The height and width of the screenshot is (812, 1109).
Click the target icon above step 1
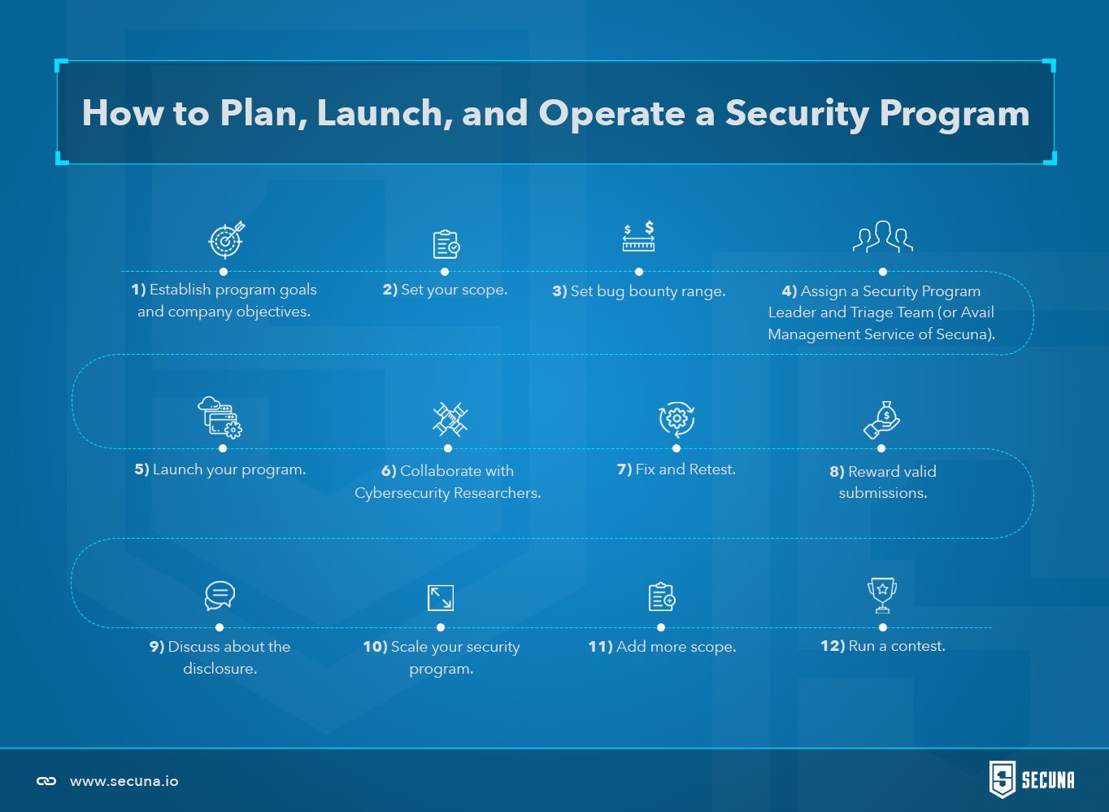pos(226,240)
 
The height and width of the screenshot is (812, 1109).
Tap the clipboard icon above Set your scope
pos(446,244)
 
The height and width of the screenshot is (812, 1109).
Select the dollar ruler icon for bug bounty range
pos(639,236)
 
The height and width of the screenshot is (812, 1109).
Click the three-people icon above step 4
pos(883,237)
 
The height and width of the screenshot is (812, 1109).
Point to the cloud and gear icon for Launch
pos(220,417)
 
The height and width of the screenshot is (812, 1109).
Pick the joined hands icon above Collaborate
pos(450,419)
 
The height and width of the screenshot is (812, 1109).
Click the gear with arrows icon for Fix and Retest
pos(676,420)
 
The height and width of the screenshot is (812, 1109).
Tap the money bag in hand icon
pos(882,420)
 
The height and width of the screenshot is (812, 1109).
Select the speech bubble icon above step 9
pos(220,596)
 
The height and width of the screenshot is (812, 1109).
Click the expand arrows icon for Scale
pos(441,598)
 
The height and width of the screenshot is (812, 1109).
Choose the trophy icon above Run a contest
pos(882,596)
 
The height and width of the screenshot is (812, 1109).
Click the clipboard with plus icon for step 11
pos(662,597)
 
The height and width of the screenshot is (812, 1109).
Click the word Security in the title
pos(797,114)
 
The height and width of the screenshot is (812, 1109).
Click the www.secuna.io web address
pos(124,781)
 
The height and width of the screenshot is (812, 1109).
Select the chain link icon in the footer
pos(46,781)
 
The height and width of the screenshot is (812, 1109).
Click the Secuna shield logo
pos(1002,779)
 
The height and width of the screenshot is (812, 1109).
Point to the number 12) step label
pos(833,646)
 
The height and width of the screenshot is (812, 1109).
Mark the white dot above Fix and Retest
pos(676,448)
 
